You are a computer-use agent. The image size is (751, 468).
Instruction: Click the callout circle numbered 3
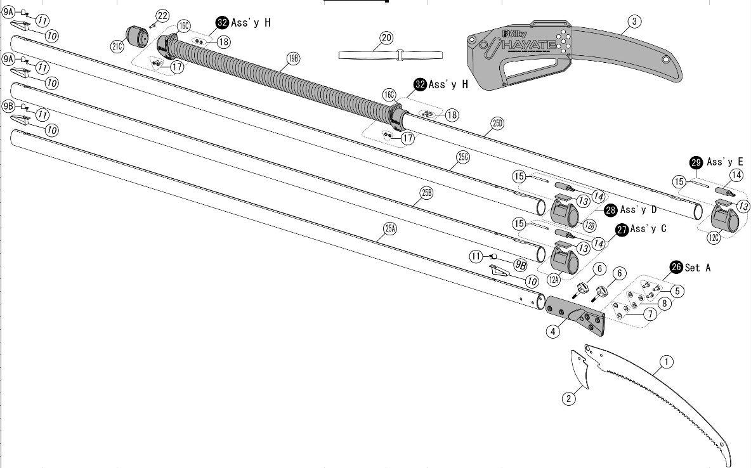point(634,22)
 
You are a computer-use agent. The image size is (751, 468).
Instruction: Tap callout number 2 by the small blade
point(569,398)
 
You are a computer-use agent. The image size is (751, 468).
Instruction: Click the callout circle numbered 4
point(553,331)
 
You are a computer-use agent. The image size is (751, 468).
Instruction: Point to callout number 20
point(386,38)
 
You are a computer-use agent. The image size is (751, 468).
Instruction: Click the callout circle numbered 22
point(162,16)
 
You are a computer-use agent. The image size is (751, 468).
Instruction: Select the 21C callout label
point(117,46)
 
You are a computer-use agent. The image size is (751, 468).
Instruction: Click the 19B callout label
point(293,59)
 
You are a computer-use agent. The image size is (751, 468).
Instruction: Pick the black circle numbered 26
point(676,268)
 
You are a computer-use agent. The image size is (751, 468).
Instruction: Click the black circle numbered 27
point(622,230)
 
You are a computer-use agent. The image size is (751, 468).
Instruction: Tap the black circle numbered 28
point(611,210)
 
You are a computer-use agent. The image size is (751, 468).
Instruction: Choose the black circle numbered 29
point(696,162)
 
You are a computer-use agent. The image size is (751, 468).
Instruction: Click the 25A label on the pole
point(389,229)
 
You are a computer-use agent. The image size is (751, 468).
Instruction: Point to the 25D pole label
point(498,123)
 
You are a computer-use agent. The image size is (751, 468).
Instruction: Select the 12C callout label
point(714,238)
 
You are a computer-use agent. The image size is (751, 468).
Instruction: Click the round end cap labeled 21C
point(136,36)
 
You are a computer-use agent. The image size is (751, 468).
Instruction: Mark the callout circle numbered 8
point(664,303)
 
